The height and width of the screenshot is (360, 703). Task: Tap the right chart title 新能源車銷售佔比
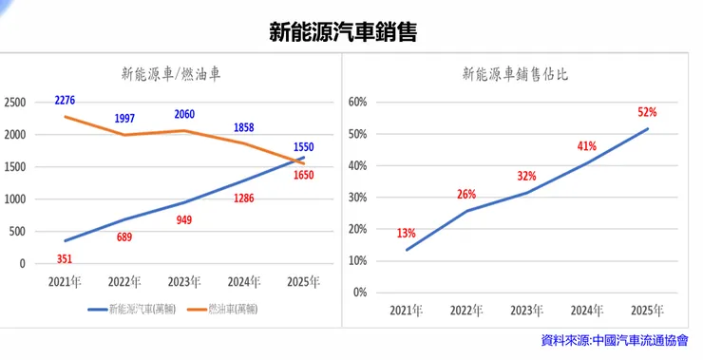516,72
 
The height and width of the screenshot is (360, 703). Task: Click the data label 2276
66,100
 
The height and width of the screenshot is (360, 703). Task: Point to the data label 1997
124,118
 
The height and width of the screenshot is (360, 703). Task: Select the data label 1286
244,199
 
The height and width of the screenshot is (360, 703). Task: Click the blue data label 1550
303,147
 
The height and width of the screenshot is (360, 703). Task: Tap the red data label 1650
303,175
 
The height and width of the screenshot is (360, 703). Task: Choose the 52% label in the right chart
647,111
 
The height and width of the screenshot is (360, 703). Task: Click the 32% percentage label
527,176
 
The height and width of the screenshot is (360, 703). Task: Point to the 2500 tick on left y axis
16,103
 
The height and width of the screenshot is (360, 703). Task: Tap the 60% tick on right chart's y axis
357,103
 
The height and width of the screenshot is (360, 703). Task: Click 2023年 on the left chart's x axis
185,281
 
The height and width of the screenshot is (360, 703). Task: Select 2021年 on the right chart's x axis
408,310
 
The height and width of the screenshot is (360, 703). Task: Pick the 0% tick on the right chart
360,292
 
